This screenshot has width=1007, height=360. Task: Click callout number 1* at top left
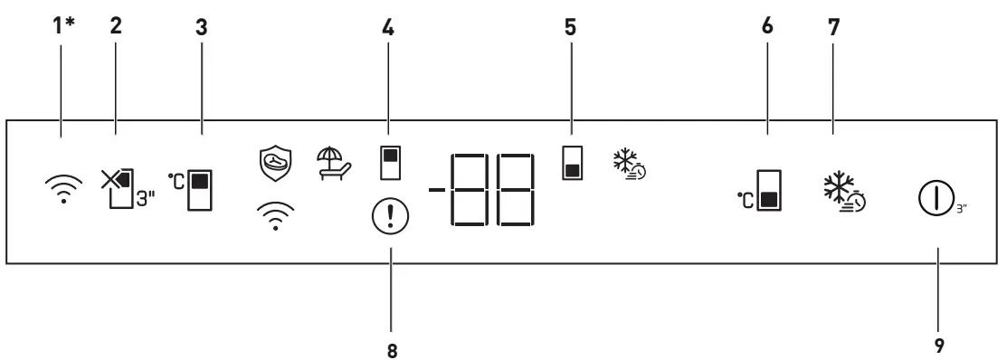pyautogui.click(x=62, y=27)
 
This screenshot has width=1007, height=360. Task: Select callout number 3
pyautogui.click(x=202, y=27)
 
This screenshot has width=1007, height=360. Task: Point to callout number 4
pyautogui.click(x=391, y=27)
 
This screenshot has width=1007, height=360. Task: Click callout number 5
pyautogui.click(x=570, y=27)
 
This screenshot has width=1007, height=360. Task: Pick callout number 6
pyautogui.click(x=768, y=27)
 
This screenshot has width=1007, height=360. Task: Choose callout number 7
pyautogui.click(x=833, y=27)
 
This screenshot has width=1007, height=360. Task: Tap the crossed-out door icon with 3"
pyautogui.click(x=123, y=188)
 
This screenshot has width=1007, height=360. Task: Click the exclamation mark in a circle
pyautogui.click(x=392, y=217)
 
